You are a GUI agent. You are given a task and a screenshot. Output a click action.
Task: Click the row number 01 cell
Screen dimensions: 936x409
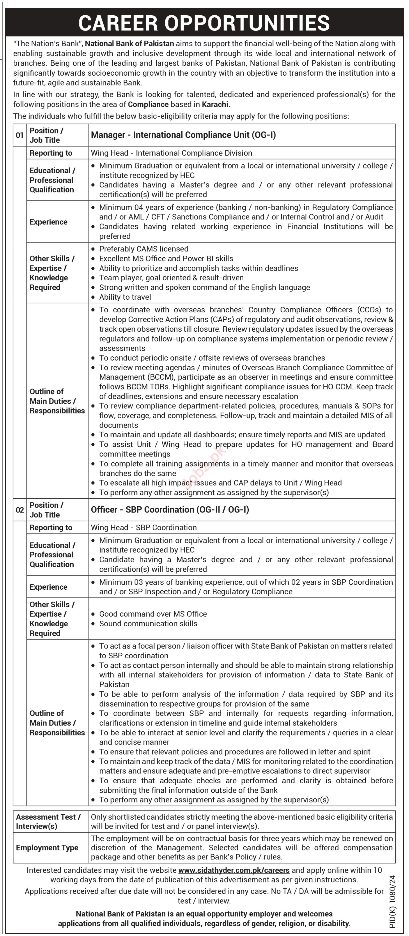[x=20, y=135]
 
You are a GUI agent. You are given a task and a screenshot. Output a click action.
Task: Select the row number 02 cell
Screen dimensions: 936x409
[x=20, y=510]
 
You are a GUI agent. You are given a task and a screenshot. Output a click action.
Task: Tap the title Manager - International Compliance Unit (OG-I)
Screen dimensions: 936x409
[x=183, y=135]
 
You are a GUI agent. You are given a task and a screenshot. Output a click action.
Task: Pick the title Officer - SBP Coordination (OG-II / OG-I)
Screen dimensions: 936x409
[x=170, y=510]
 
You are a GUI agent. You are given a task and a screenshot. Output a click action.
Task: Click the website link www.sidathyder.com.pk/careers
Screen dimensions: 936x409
[x=234, y=870]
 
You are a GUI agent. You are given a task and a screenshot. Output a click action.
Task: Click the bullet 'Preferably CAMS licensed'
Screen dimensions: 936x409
[x=144, y=249]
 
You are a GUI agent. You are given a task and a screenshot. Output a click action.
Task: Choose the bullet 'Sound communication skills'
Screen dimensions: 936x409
[x=148, y=624]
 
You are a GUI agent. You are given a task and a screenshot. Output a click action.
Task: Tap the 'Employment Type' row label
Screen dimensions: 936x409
[x=47, y=848]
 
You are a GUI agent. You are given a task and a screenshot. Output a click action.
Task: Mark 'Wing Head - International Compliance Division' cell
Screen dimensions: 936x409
[x=171, y=153]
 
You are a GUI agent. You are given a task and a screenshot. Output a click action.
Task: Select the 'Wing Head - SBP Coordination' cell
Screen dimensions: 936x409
[x=144, y=528]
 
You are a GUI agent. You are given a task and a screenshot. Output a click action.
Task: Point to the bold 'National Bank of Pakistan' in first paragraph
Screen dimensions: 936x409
[x=130, y=44]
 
